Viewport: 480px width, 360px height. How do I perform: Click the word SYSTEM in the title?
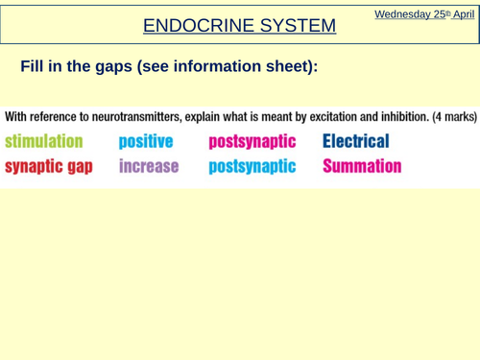pos(299,25)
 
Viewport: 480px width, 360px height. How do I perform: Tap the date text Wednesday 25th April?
pos(424,13)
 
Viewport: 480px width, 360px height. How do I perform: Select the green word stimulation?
pos(44,141)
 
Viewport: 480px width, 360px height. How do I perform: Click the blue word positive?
pos(146,141)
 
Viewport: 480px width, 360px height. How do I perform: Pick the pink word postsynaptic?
pos(252,141)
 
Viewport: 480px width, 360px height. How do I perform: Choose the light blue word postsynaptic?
pos(252,166)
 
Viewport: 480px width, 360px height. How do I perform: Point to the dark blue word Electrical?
pos(356,141)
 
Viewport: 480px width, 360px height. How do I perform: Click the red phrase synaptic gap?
pos(49,166)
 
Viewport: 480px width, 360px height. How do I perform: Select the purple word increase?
pos(149,166)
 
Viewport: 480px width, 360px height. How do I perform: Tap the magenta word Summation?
pos(362,166)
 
